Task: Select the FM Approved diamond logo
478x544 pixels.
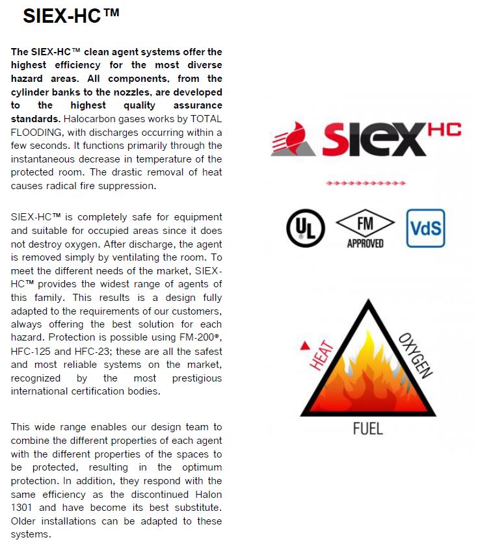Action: pos(365,229)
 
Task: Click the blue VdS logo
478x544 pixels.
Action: pos(425,228)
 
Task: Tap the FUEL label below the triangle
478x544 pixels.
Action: pos(367,429)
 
